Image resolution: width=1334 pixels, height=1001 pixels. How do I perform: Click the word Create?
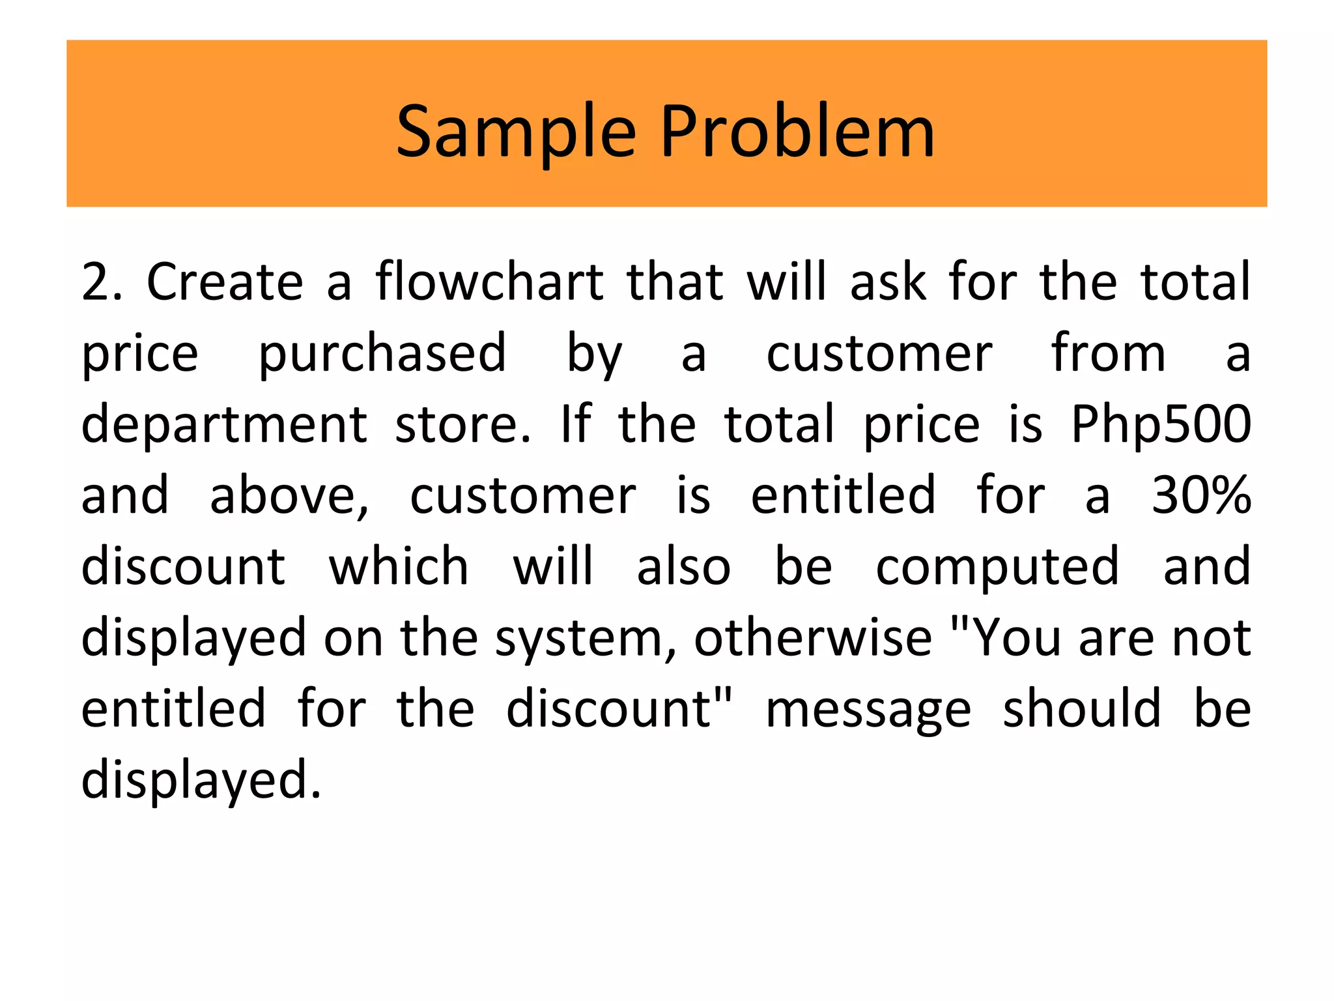coord(225,282)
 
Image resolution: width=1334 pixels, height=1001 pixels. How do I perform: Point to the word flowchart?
coord(489,282)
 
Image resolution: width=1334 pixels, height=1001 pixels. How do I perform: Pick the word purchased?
coord(382,354)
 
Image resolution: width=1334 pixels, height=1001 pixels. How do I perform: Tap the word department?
coord(224,425)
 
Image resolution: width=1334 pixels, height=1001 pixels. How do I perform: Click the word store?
coord(462,425)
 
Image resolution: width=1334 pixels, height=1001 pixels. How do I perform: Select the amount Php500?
coord(1161,425)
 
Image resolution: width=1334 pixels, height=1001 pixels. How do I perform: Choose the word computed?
coord(997,567)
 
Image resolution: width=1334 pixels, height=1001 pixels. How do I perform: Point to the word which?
coord(399,567)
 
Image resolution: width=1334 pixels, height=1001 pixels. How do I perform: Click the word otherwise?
coord(813,639)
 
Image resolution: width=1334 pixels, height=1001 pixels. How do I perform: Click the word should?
coord(1081,709)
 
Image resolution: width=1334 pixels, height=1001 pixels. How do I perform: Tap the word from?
coord(1109,354)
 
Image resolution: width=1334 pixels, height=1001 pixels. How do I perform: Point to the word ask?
coord(888,282)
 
